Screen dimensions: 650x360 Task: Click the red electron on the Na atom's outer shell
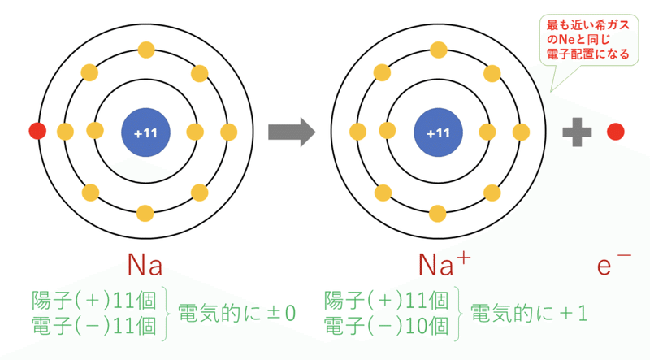click(x=37, y=131)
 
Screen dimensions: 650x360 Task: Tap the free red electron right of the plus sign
click(x=616, y=132)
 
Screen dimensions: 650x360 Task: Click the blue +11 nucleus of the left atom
click(x=145, y=132)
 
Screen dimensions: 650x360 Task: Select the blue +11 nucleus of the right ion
click(x=438, y=132)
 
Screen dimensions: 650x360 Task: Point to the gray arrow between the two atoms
click(x=292, y=132)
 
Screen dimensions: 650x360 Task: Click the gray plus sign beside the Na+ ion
click(x=577, y=132)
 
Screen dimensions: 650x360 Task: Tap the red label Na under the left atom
click(x=145, y=264)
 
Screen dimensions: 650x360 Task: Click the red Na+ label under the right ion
click(x=444, y=264)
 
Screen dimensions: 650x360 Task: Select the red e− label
click(x=614, y=264)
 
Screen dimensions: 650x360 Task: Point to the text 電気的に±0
click(x=236, y=313)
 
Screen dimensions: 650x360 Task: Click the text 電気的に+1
click(x=529, y=313)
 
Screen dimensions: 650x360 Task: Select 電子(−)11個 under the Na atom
click(x=94, y=326)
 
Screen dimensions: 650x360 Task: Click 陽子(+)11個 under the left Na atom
click(x=94, y=301)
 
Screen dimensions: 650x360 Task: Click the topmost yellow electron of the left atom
click(x=146, y=50)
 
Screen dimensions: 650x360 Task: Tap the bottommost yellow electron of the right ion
click(x=438, y=214)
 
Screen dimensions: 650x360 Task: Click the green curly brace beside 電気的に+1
click(x=458, y=314)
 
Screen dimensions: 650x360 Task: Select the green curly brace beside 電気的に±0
click(x=167, y=314)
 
